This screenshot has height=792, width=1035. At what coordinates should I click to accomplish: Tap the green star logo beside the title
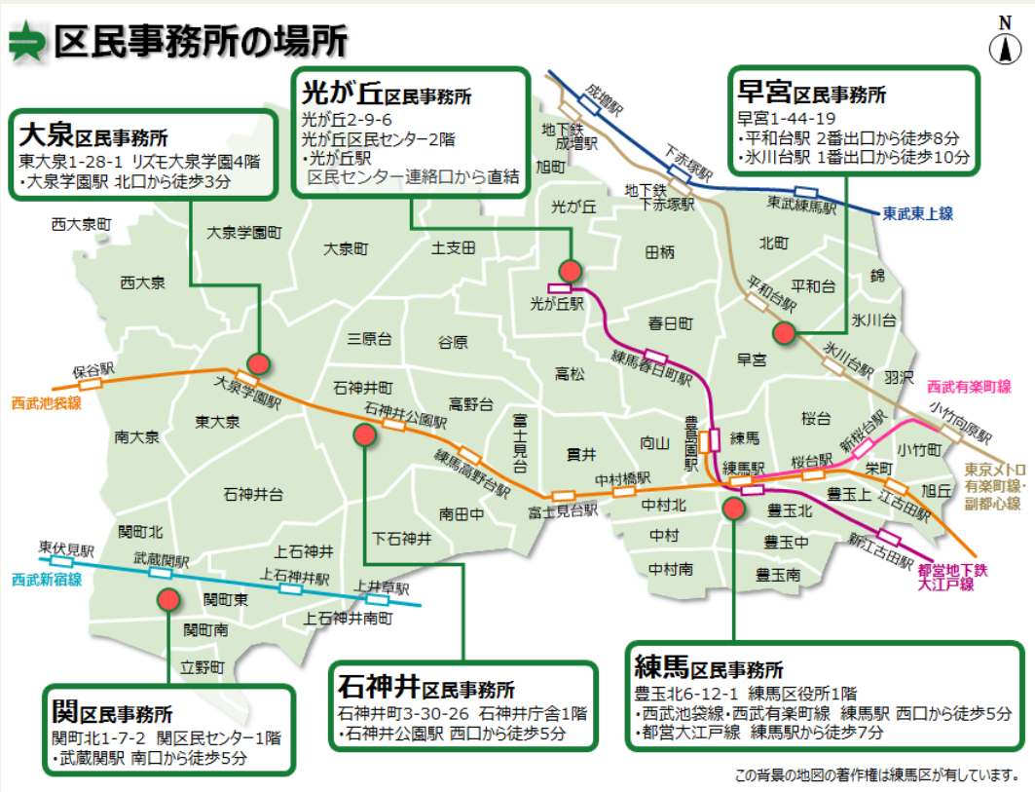point(25,42)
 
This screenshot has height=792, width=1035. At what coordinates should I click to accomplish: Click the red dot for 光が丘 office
point(571,270)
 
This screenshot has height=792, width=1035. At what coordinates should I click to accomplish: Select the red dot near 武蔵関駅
point(168,600)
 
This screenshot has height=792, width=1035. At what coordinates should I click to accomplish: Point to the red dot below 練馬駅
point(707,508)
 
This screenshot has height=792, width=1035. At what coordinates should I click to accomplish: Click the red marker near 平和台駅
point(783,332)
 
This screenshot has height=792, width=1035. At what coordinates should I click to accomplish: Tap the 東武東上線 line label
point(917,213)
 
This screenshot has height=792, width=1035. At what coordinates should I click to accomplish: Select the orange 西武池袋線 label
point(46,402)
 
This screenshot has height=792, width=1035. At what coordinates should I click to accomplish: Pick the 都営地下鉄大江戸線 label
point(952,577)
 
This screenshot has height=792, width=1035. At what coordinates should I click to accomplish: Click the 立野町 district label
point(203,667)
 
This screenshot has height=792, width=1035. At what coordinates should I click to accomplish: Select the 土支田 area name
point(454,247)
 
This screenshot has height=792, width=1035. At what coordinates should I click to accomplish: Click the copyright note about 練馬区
point(876,775)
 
